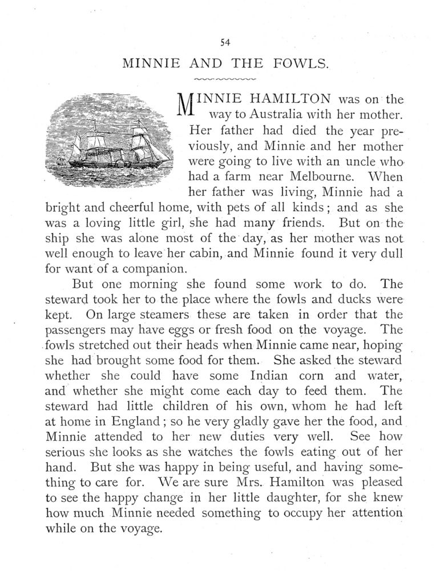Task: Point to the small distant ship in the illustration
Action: tap(60, 161)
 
